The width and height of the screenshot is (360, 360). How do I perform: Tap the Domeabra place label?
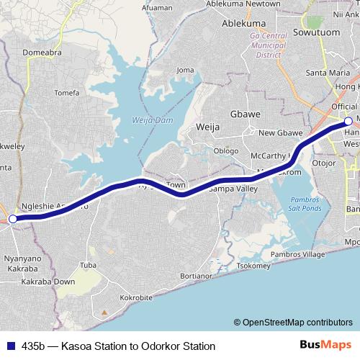pos(42,52)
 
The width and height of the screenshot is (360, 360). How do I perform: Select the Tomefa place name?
pos(66,92)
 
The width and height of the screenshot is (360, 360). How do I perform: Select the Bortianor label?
pos(196,275)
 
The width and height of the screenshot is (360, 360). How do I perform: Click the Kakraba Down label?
pos(49,282)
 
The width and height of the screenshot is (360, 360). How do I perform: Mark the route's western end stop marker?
pos(12,218)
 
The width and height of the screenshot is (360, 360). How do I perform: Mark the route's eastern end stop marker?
pos(348,122)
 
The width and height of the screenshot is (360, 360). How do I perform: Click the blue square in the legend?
pos(12,346)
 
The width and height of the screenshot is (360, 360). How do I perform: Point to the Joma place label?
pos(186,70)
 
